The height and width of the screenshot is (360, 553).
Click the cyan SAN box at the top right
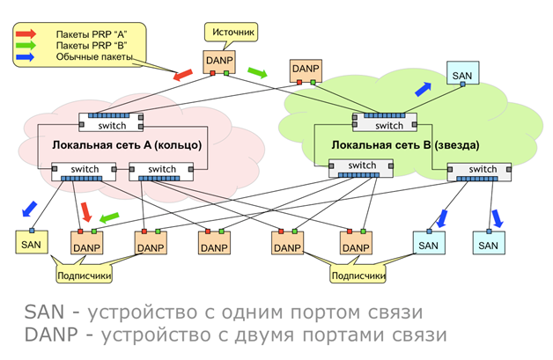click(461, 74)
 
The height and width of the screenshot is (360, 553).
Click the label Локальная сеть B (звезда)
click(394, 144)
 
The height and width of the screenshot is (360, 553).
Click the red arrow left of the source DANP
click(183, 77)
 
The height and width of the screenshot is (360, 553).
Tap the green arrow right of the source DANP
click(256, 71)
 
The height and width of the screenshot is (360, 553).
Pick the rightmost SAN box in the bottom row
click(488, 243)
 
